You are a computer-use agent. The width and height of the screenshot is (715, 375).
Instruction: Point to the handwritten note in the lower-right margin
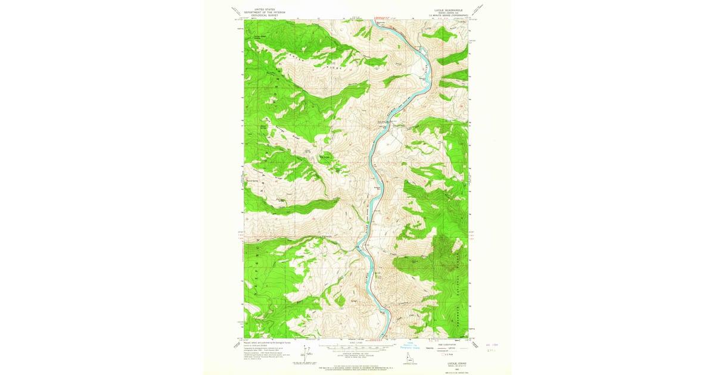click(492, 347)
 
